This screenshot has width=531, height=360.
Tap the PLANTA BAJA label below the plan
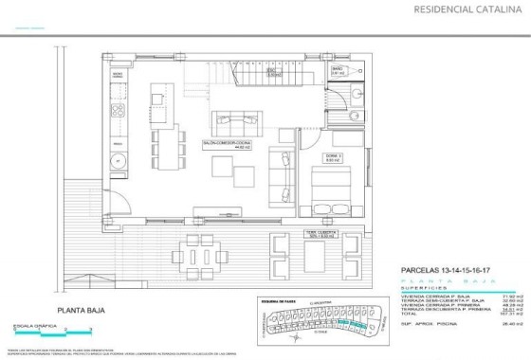[x=81, y=310]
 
